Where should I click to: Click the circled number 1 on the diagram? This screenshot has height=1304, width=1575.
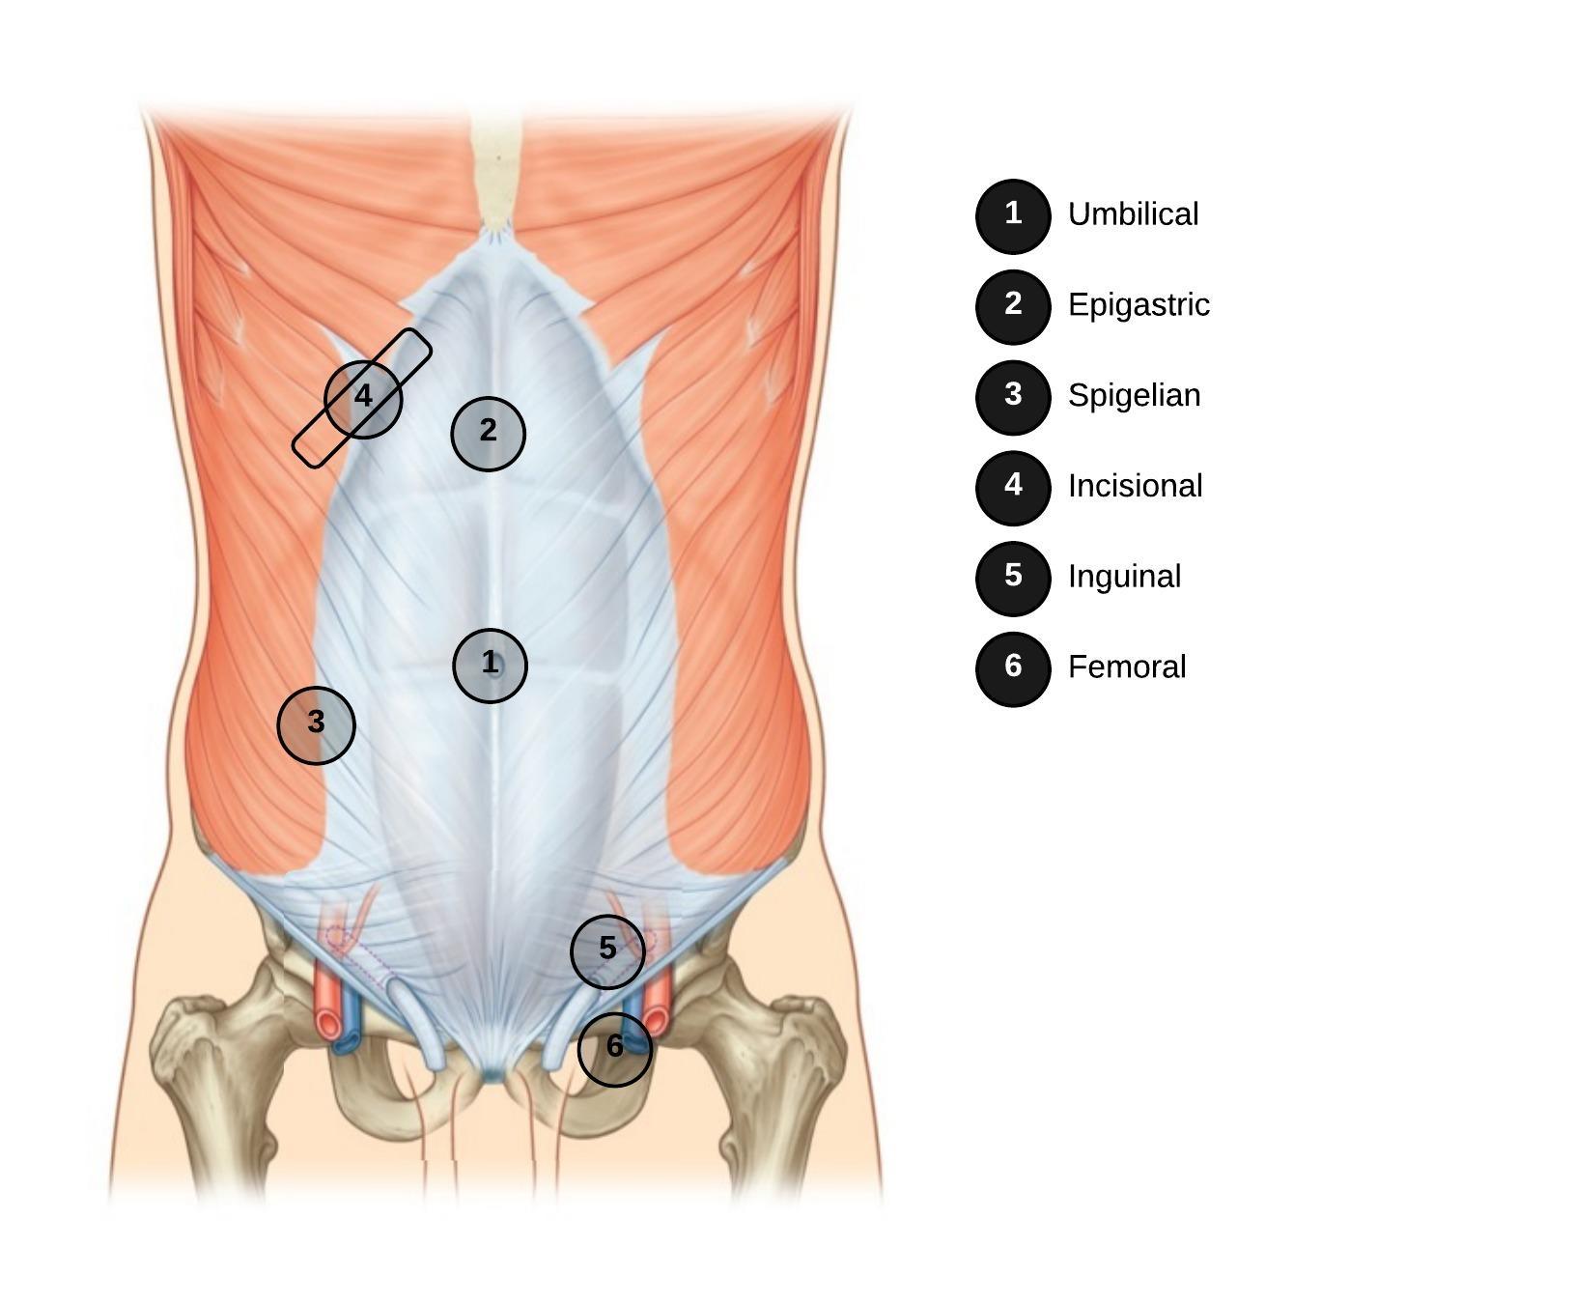pyautogui.click(x=491, y=665)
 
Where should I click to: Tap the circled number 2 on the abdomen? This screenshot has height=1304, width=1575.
pyautogui.click(x=489, y=434)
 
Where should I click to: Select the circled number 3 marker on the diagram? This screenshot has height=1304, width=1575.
pyautogui.click(x=317, y=724)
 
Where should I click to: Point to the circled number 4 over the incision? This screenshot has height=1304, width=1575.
pyautogui.click(x=363, y=398)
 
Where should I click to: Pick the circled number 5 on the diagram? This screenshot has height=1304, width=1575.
pyautogui.click(x=607, y=951)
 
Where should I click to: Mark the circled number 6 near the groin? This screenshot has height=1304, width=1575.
pyautogui.click(x=615, y=1048)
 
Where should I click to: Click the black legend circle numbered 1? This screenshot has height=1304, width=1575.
pyautogui.click(x=1013, y=216)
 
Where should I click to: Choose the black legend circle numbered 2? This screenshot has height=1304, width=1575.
pyautogui.click(x=1013, y=306)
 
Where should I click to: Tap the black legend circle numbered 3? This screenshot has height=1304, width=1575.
pyautogui.click(x=1013, y=397)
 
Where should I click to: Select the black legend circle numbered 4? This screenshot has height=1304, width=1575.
pyautogui.click(x=1013, y=488)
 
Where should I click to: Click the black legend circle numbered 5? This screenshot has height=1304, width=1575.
pyautogui.click(x=1013, y=578)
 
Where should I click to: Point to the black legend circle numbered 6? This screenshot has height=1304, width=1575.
pyautogui.click(x=1013, y=668)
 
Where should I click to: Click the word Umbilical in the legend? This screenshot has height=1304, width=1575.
pyautogui.click(x=1133, y=214)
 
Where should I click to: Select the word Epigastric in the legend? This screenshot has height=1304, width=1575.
pyautogui.click(x=1139, y=305)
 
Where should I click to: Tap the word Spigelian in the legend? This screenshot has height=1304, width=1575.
pyautogui.click(x=1134, y=396)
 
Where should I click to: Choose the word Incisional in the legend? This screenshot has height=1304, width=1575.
pyautogui.click(x=1135, y=486)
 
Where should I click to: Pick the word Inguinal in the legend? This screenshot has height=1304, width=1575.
pyautogui.click(x=1124, y=577)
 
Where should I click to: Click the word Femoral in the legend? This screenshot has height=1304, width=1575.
pyautogui.click(x=1127, y=666)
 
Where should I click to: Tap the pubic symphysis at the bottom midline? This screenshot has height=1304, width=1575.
pyautogui.click(x=492, y=1072)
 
